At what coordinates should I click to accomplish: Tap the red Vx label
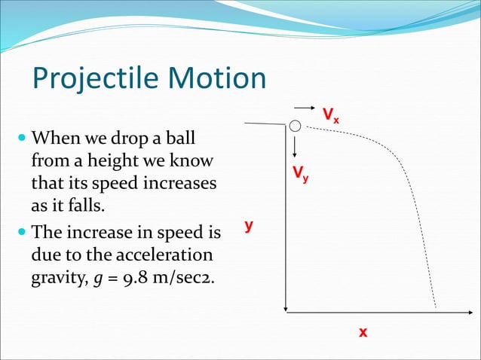[331, 115]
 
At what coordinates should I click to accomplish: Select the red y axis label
[249, 225]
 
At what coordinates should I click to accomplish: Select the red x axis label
[363, 331]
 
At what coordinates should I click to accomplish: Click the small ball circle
[296, 126]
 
